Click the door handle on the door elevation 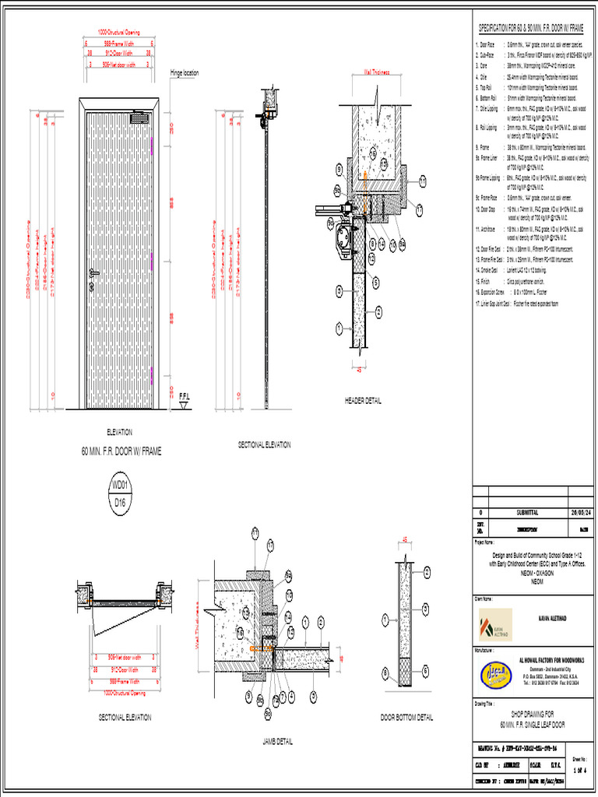click(x=94, y=272)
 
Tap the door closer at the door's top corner click(x=139, y=118)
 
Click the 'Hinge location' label click(x=185, y=73)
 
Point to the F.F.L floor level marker click(x=185, y=395)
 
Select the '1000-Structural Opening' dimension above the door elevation click(x=119, y=33)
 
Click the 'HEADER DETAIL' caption click(x=363, y=401)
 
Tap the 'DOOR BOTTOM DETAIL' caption click(x=406, y=718)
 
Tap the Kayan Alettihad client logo click(x=494, y=624)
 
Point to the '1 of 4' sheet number click(x=579, y=770)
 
